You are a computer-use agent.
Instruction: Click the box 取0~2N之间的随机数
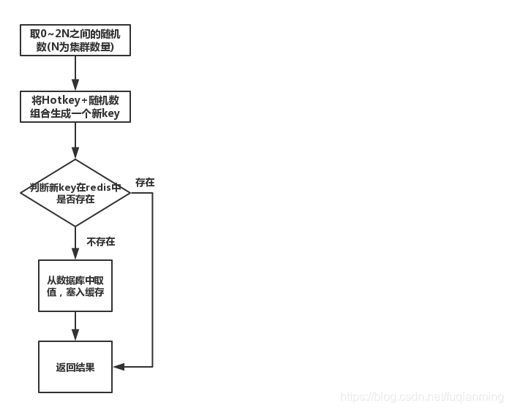pyautogui.click(x=75, y=41)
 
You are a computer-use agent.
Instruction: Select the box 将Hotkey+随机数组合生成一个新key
pyautogui.click(x=75, y=107)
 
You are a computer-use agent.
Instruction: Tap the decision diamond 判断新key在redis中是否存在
pyautogui.click(x=75, y=193)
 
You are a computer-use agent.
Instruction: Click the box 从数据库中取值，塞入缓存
pyautogui.click(x=75, y=286)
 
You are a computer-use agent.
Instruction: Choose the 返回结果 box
pyautogui.click(x=75, y=367)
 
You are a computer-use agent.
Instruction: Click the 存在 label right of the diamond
pyautogui.click(x=145, y=182)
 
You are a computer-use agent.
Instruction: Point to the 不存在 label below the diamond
pyautogui.click(x=101, y=241)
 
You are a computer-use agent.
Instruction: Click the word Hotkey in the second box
pyautogui.click(x=59, y=100)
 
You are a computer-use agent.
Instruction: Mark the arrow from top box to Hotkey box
pyautogui.click(x=75, y=73)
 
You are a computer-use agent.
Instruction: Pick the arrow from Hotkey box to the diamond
pyautogui.click(x=75, y=140)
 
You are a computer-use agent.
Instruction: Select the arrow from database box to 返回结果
pyautogui.click(x=75, y=326)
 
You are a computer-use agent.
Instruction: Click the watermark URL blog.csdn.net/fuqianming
pyautogui.click(x=423, y=397)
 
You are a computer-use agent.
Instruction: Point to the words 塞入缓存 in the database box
pyautogui.click(x=89, y=292)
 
